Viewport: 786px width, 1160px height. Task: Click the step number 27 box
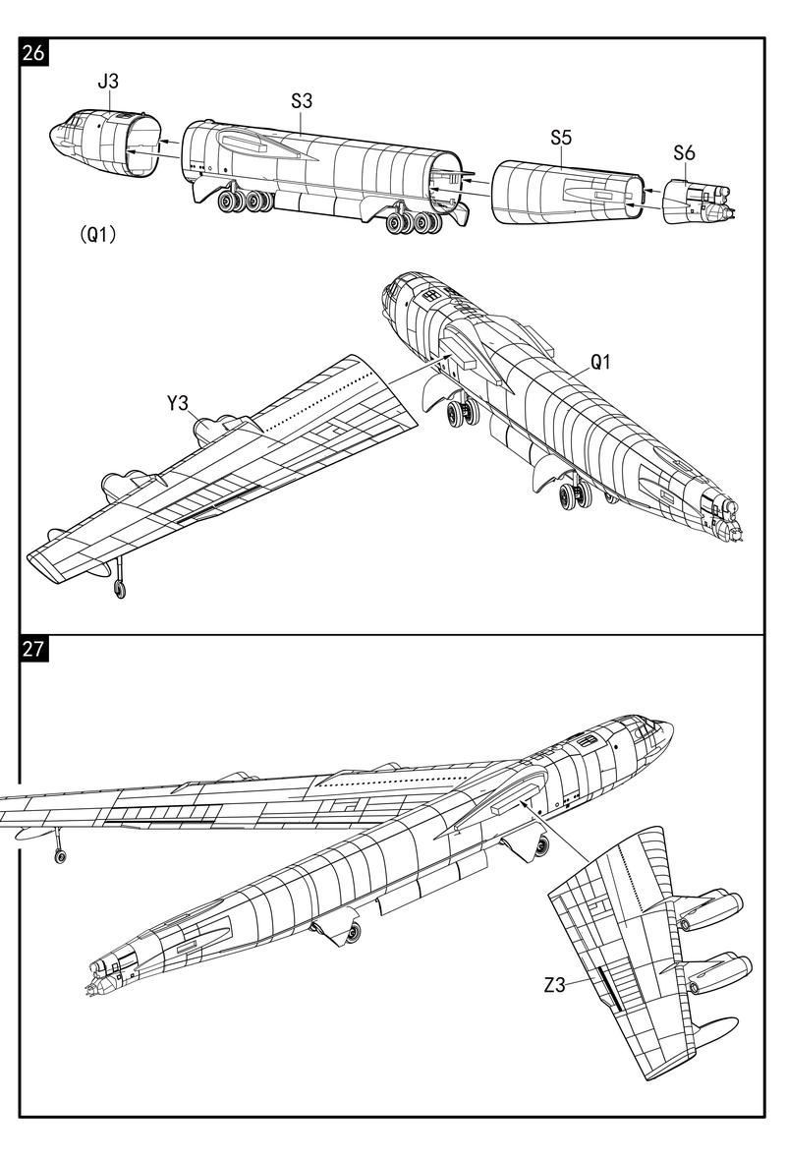32,648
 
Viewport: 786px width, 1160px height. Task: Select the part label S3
303,100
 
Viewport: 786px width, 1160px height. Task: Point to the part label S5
561,138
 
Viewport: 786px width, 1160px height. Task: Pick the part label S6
685,152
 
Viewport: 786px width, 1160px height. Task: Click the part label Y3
177,402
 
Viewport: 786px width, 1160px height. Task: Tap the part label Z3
554,984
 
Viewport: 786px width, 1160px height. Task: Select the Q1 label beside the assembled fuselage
600,362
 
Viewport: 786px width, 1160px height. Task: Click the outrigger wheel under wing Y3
119,589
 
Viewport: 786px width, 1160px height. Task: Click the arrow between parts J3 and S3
172,142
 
